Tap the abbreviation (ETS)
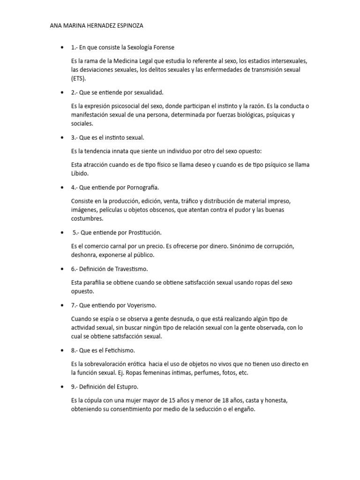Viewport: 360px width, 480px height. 79,78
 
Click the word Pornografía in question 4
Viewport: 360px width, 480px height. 143,187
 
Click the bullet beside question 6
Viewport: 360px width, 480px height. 62,269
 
